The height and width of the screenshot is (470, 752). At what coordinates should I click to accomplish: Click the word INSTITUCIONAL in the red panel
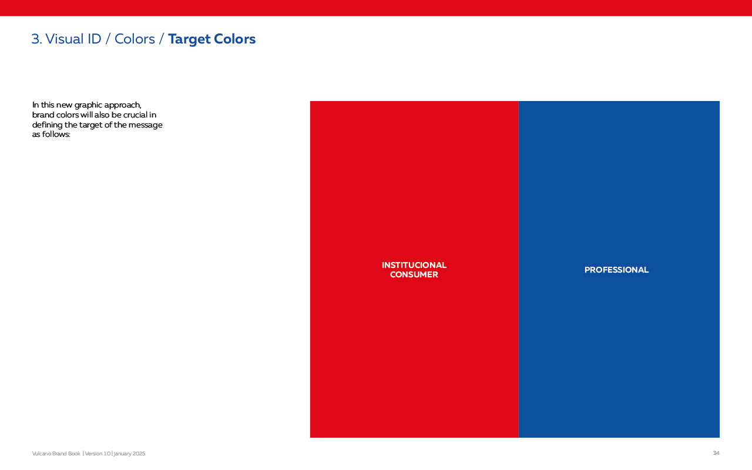point(414,265)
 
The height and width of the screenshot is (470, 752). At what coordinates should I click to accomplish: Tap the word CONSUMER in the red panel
point(414,274)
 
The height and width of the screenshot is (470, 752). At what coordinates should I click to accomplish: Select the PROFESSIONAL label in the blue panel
point(616,270)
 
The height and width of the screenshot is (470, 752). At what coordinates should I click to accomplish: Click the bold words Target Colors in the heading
point(212,39)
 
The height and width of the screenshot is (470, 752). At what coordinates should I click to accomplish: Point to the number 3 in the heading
point(35,39)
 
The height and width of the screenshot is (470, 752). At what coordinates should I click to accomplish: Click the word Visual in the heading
point(64,39)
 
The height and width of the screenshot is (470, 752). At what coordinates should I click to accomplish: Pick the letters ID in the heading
point(95,39)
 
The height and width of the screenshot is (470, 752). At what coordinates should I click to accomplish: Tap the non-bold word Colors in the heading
point(135,39)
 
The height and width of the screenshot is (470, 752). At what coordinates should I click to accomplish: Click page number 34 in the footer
point(716,453)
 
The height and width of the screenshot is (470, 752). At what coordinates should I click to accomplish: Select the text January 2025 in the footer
point(129,454)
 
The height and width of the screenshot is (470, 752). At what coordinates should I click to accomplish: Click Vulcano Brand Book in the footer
point(56,454)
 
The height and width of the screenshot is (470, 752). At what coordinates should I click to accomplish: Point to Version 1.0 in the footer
point(98,454)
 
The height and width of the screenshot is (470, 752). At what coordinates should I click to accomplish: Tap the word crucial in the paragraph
point(136,115)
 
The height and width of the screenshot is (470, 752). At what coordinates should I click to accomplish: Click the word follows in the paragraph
point(56,135)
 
